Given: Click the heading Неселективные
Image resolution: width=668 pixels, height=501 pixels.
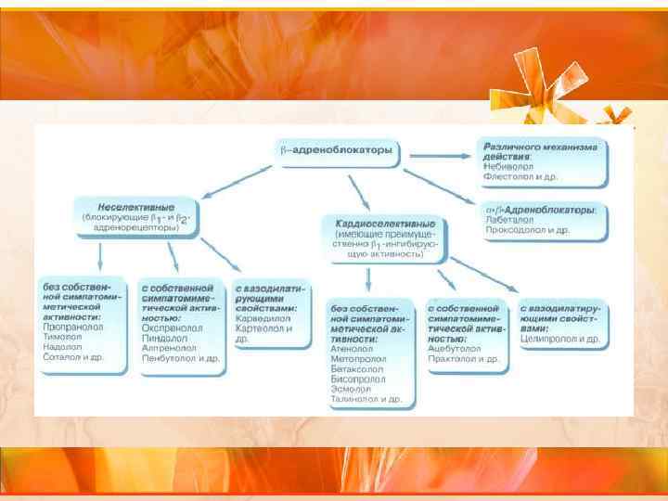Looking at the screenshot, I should (135, 206).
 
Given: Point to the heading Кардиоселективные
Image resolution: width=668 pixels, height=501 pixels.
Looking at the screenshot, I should (384, 224).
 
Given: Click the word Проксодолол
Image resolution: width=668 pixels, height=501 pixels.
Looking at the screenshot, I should (516, 230).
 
